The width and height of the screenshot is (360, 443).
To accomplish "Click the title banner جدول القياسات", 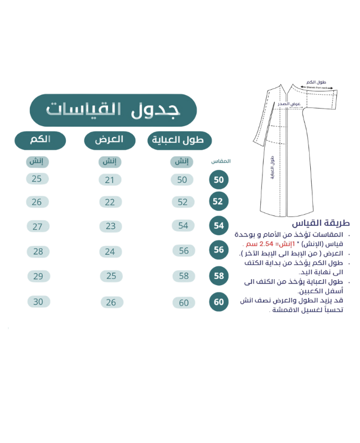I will (x=113, y=109).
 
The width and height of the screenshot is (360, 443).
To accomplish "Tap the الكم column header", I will (x=40, y=139).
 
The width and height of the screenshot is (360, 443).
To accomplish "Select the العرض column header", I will (x=110, y=140).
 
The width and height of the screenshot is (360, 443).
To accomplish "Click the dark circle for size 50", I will (x=218, y=181).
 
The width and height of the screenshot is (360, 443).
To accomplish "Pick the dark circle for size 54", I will (x=218, y=226).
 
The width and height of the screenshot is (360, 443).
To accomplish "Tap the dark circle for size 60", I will (x=218, y=302).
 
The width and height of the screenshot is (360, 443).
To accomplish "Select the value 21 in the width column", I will (x=110, y=179).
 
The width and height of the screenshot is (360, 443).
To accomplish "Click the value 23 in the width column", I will (x=110, y=226).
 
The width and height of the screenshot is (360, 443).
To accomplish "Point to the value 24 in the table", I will (x=110, y=251).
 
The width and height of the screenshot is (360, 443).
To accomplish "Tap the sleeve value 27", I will (x=37, y=226).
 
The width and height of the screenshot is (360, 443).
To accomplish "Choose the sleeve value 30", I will (x=37, y=302).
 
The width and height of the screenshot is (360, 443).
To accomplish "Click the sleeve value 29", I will (x=37, y=276).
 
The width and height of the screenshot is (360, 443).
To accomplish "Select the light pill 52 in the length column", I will (x=182, y=202).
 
